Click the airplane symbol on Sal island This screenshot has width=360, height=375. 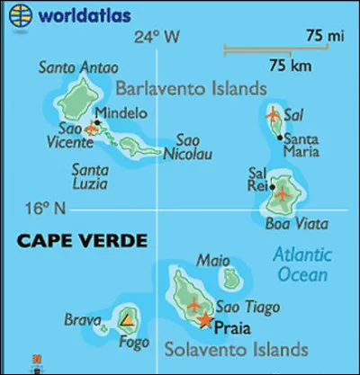(273, 115)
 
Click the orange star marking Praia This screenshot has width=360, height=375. (206, 320)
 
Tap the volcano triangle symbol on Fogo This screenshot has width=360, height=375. (128, 319)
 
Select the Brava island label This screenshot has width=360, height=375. (82, 319)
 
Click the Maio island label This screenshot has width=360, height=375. (209, 261)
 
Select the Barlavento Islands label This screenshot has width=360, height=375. (191, 88)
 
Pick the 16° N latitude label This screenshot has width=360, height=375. (46, 209)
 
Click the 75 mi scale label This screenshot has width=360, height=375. (318, 36)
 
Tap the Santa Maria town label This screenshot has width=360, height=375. (303, 146)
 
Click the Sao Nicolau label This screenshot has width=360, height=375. (188, 147)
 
